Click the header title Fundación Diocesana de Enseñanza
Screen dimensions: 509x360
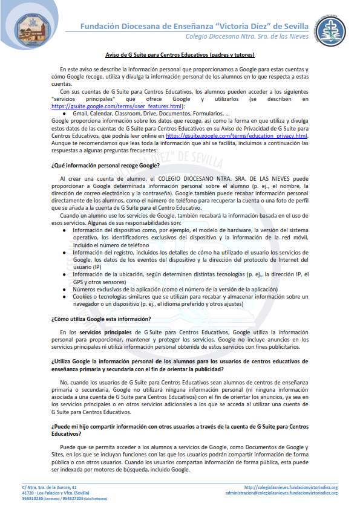click(x=194, y=26)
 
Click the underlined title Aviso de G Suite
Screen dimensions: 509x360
click(x=180, y=55)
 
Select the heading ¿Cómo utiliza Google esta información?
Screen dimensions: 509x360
click(x=101, y=318)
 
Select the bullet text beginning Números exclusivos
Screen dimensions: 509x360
click(x=166, y=290)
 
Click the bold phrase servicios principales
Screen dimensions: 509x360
click(x=101, y=332)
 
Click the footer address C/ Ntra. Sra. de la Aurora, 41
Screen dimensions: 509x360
click(x=50, y=487)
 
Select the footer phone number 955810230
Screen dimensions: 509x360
click(x=34, y=499)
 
